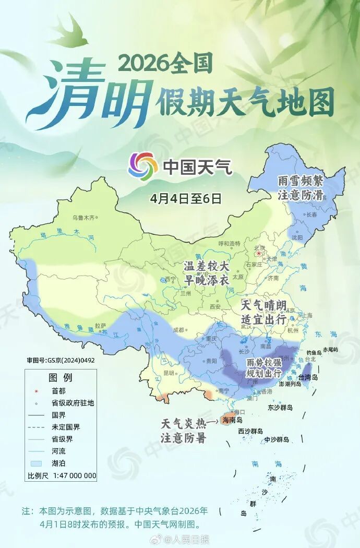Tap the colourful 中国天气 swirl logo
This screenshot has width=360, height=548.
click(x=143, y=166)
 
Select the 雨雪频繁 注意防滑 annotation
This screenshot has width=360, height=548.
click(x=301, y=188)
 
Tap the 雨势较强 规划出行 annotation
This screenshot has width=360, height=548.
click(x=263, y=368)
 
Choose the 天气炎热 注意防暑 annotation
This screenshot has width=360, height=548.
click(x=183, y=431)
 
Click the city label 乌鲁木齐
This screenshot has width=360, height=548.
click(x=85, y=217)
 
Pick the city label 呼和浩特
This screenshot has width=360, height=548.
click(x=229, y=243)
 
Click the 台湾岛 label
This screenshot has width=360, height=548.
click(x=322, y=377)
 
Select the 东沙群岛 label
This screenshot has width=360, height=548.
click(x=280, y=407)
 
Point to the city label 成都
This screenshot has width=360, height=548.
click(x=178, y=330)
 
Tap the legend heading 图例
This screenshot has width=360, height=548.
click(x=60, y=377)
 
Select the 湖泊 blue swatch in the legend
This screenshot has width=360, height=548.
click(x=35, y=463)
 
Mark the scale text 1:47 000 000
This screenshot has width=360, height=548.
click(x=73, y=475)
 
